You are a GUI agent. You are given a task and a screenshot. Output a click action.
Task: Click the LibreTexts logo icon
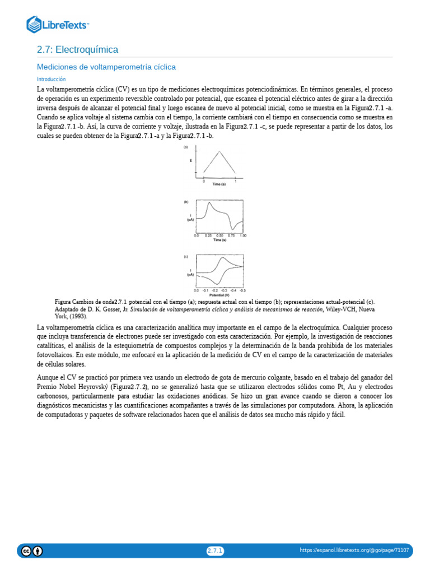pos(34,24)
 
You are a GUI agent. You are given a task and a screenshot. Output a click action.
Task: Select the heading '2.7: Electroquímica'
pos(77,50)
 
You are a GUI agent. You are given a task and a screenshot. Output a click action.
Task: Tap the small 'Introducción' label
pos(51,80)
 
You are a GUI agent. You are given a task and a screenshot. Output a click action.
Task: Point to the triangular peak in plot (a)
pos(219,154)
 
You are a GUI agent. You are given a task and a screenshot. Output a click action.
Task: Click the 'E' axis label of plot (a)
pos(191,161)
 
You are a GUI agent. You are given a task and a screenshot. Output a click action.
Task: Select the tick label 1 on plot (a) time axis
pos(235,182)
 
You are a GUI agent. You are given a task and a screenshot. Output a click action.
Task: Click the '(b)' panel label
pos(186,202)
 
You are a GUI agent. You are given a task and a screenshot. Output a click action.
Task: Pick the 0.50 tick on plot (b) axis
pos(219,236)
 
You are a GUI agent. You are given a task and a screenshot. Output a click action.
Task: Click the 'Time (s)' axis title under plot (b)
pos(219,240)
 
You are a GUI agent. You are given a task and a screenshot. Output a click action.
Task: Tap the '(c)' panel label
pos(186,256)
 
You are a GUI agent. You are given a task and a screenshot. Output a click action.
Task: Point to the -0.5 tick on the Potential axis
pos(242,290)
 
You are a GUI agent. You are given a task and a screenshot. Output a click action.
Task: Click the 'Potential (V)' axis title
pos(219,295)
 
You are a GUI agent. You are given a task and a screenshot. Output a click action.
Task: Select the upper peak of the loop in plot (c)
pos(223,258)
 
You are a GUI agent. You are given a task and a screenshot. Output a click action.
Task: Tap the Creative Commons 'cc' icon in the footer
pos(26,551)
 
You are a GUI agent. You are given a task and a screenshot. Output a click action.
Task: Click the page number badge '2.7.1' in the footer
pos(215,551)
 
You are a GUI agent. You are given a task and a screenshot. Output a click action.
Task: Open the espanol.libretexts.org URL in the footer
pos(354,551)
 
